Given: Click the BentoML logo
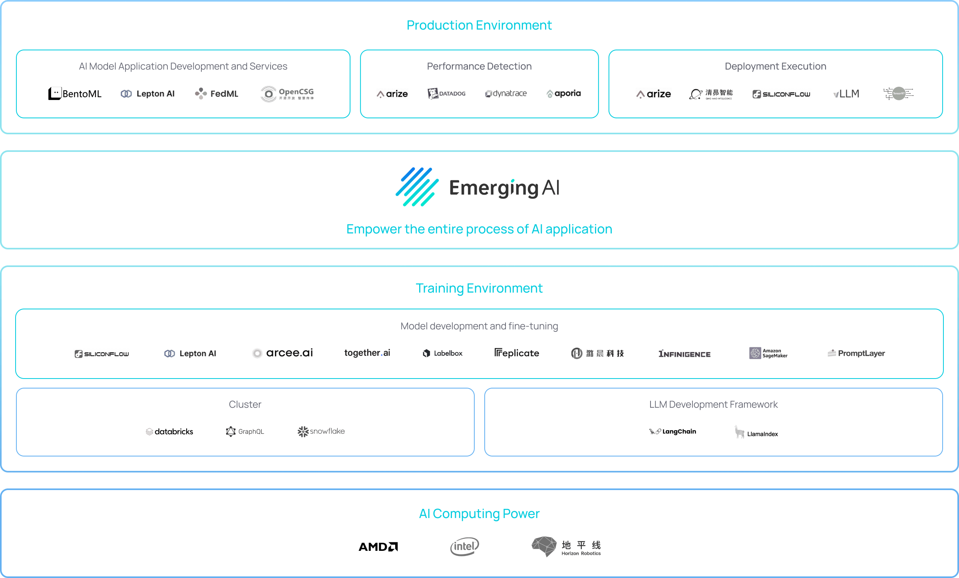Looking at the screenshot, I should point(75,94).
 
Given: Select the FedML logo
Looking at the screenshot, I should point(217,94).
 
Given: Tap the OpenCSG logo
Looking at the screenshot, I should point(287,94).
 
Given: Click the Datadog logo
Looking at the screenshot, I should point(446,94).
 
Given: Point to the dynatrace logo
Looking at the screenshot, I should point(506,94).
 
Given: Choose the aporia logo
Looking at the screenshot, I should point(563,94).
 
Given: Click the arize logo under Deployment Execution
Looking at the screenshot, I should point(654,94).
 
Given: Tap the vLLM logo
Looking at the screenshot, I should point(846,94).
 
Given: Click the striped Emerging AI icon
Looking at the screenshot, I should point(417,187).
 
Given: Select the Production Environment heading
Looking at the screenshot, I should point(479,25).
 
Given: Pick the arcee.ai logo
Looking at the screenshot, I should point(283,353).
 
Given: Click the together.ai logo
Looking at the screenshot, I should point(367,353).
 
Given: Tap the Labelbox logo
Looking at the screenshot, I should point(443,353).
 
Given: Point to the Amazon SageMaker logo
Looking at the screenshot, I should point(768,353).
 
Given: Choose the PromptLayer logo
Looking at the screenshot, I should point(856,353).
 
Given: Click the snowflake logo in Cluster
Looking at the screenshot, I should point(321,431).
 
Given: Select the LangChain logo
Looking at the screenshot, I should point(672,432).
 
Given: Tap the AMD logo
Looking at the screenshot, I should point(378,546).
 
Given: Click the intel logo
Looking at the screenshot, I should point(464,546).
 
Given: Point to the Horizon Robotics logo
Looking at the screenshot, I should point(566,547).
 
